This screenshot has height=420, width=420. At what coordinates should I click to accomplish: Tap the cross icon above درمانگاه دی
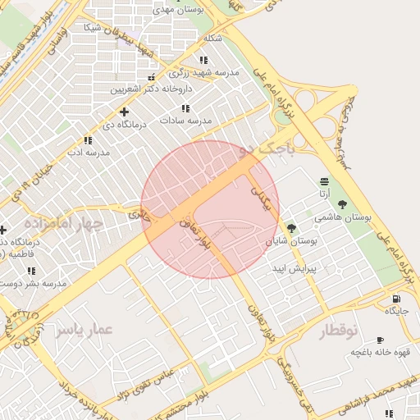[x=124, y=112]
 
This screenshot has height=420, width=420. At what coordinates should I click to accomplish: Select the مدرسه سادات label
[x=188, y=121]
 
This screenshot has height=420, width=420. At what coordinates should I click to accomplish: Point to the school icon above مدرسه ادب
[x=88, y=141]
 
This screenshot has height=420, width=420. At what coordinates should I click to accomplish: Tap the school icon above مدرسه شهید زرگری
[x=203, y=60]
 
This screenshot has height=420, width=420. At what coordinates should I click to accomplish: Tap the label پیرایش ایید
[x=294, y=268]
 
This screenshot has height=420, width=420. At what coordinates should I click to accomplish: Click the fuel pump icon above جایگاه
[x=397, y=299]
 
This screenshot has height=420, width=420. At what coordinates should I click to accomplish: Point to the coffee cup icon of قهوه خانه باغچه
[x=380, y=340]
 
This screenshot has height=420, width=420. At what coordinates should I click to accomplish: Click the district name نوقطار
[x=336, y=330]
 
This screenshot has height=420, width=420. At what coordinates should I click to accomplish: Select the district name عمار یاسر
[x=84, y=329]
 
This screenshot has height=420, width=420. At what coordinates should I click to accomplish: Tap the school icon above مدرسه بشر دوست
[x=31, y=271]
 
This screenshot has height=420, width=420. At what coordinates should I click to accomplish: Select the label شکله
[x=212, y=38]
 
